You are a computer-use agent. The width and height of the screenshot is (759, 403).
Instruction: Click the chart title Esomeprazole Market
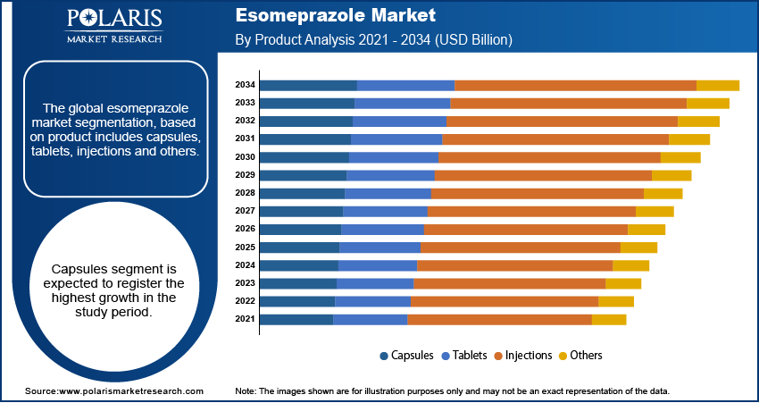coord(336,15)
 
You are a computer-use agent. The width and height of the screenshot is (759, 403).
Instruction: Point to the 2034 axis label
coord(246,85)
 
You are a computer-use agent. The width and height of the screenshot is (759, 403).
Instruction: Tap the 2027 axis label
coord(246,211)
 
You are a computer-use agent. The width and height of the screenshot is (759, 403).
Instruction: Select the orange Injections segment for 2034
coord(575,85)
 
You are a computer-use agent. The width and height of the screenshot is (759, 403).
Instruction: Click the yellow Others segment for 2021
coord(609,319)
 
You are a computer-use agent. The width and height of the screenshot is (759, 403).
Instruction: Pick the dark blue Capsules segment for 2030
coord(304,157)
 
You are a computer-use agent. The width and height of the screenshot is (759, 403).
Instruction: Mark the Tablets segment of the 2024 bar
coord(378,265)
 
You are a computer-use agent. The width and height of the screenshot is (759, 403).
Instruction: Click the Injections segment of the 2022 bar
coord(505,301)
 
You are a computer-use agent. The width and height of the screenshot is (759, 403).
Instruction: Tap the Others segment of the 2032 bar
coord(698,121)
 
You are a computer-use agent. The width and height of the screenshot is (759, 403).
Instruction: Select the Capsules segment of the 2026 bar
coord(300,230)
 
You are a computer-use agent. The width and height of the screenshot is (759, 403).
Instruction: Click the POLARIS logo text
coord(113,19)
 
